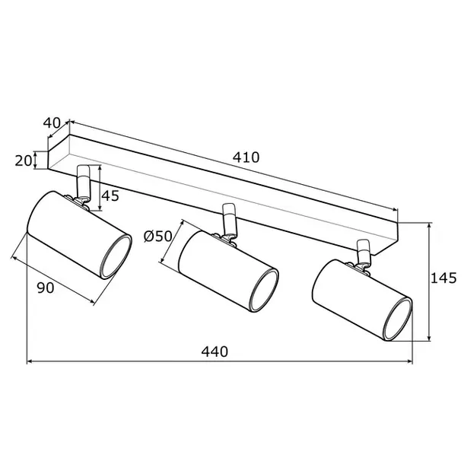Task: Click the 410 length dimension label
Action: click(x=246, y=157)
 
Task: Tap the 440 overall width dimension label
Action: click(x=215, y=352)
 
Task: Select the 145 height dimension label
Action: click(x=443, y=278)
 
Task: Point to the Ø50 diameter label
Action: click(x=157, y=236)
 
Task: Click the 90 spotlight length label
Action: click(x=46, y=288)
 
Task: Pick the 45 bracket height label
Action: click(x=110, y=195)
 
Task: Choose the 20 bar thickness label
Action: click(x=23, y=160)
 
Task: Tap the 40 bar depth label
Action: click(x=52, y=122)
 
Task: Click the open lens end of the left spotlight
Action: click(x=116, y=257)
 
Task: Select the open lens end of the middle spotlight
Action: click(x=264, y=291)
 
